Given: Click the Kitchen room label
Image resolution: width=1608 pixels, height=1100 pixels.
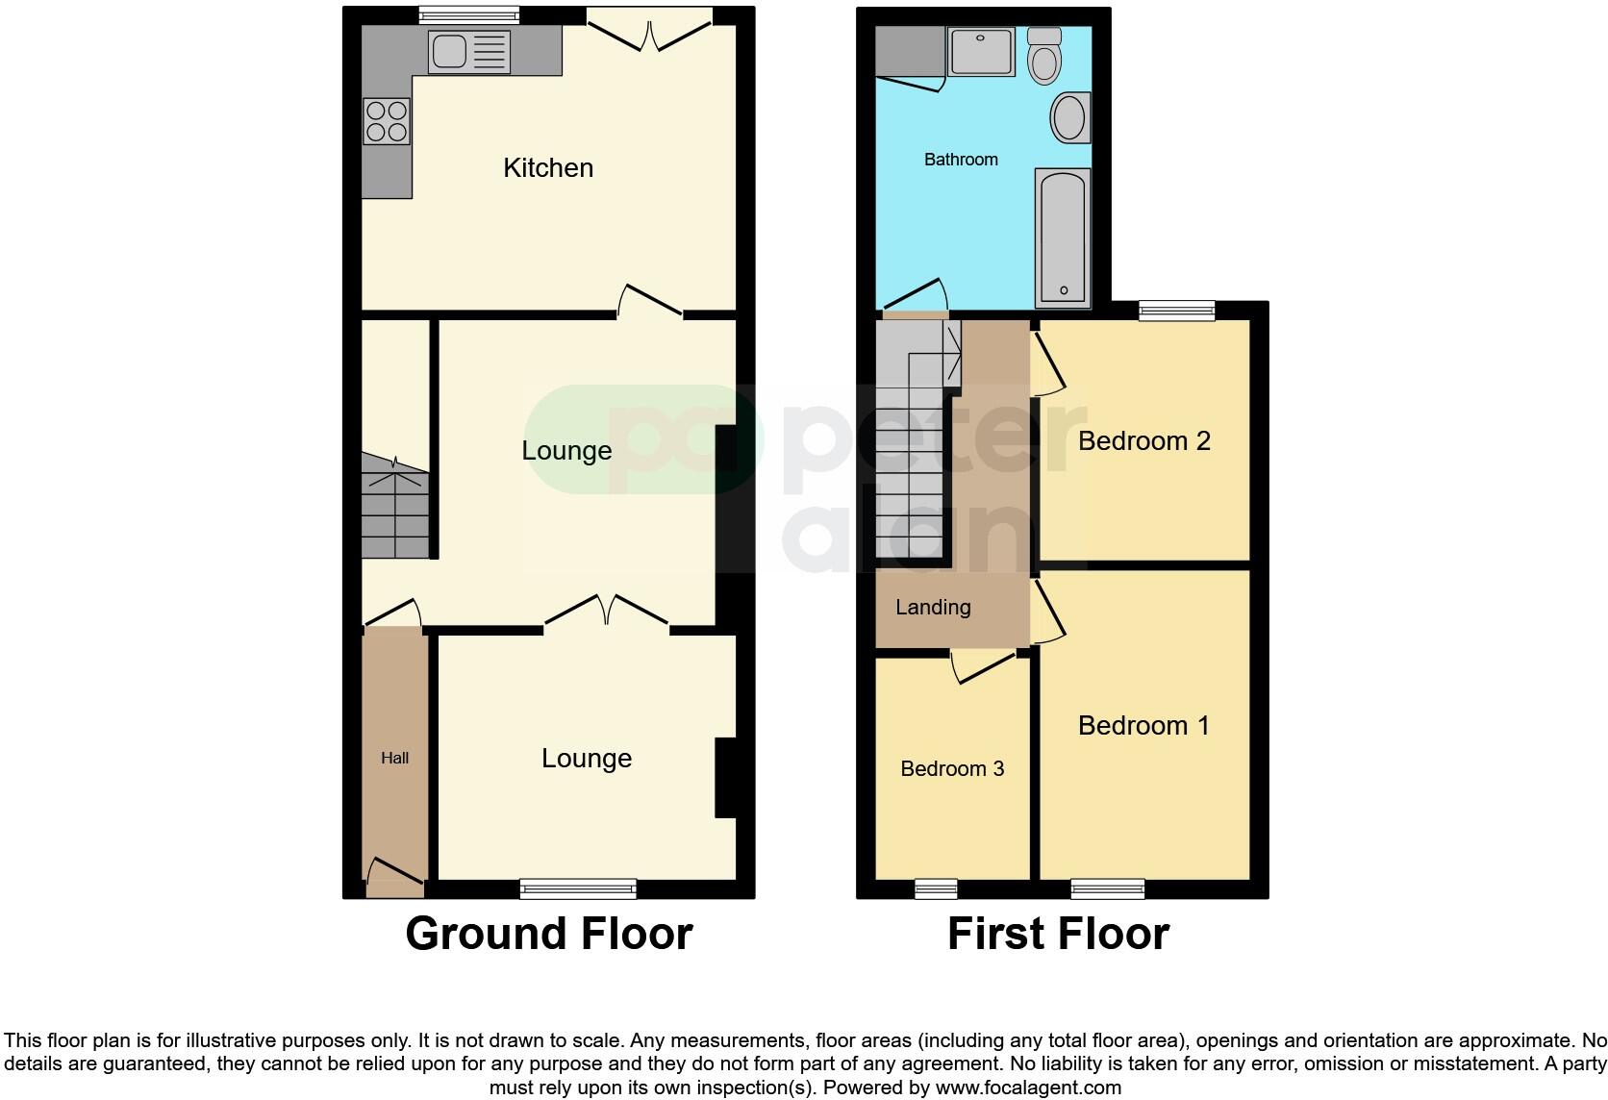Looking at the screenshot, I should [548, 168].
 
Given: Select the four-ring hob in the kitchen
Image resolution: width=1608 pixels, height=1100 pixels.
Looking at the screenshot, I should [387, 121].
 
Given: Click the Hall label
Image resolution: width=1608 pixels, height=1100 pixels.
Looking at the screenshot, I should [394, 758].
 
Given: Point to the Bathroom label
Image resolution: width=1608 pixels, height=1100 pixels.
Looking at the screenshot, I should [961, 160].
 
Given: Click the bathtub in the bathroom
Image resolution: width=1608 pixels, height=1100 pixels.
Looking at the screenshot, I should [1063, 237].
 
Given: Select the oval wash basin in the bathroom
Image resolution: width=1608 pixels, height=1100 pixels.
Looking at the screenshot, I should [1068, 118].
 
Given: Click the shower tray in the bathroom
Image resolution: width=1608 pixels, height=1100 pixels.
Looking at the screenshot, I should [981, 51].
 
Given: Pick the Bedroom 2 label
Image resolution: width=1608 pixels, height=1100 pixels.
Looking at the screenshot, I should [1143, 441].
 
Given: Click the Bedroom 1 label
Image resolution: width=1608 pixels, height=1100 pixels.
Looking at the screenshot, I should [1143, 726].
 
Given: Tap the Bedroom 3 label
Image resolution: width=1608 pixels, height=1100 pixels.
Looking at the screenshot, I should [952, 769].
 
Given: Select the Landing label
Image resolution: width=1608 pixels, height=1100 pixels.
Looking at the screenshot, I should [933, 608].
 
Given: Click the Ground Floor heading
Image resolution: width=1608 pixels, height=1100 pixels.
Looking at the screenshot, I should [548, 934].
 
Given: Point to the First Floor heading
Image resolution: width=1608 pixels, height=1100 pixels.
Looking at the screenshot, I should [1058, 934].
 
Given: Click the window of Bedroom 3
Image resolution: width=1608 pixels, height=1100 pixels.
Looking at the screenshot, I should [936, 888].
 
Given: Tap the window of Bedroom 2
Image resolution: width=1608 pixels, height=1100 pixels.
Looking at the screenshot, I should [1176, 310].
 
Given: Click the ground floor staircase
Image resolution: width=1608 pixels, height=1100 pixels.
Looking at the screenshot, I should [395, 510].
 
